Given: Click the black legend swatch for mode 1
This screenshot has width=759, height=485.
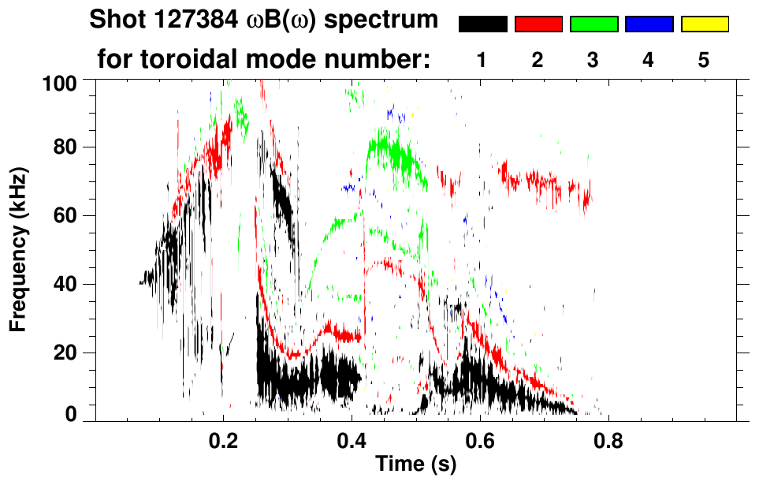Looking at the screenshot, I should click(482, 24).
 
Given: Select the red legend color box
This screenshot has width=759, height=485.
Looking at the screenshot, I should click(538, 24).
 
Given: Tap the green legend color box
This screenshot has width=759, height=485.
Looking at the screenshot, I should click(593, 24).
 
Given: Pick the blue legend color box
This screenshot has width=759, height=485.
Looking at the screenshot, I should click(649, 24).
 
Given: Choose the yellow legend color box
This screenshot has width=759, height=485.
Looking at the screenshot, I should click(704, 24).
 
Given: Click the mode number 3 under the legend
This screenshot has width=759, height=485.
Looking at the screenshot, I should click(593, 60).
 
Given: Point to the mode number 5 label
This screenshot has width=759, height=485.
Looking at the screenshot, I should click(704, 60).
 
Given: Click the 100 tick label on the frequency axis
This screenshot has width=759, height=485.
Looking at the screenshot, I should click(61, 81).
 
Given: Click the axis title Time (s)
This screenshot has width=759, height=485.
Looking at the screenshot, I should click(415, 465).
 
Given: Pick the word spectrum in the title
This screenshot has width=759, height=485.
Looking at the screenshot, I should click(380, 21).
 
